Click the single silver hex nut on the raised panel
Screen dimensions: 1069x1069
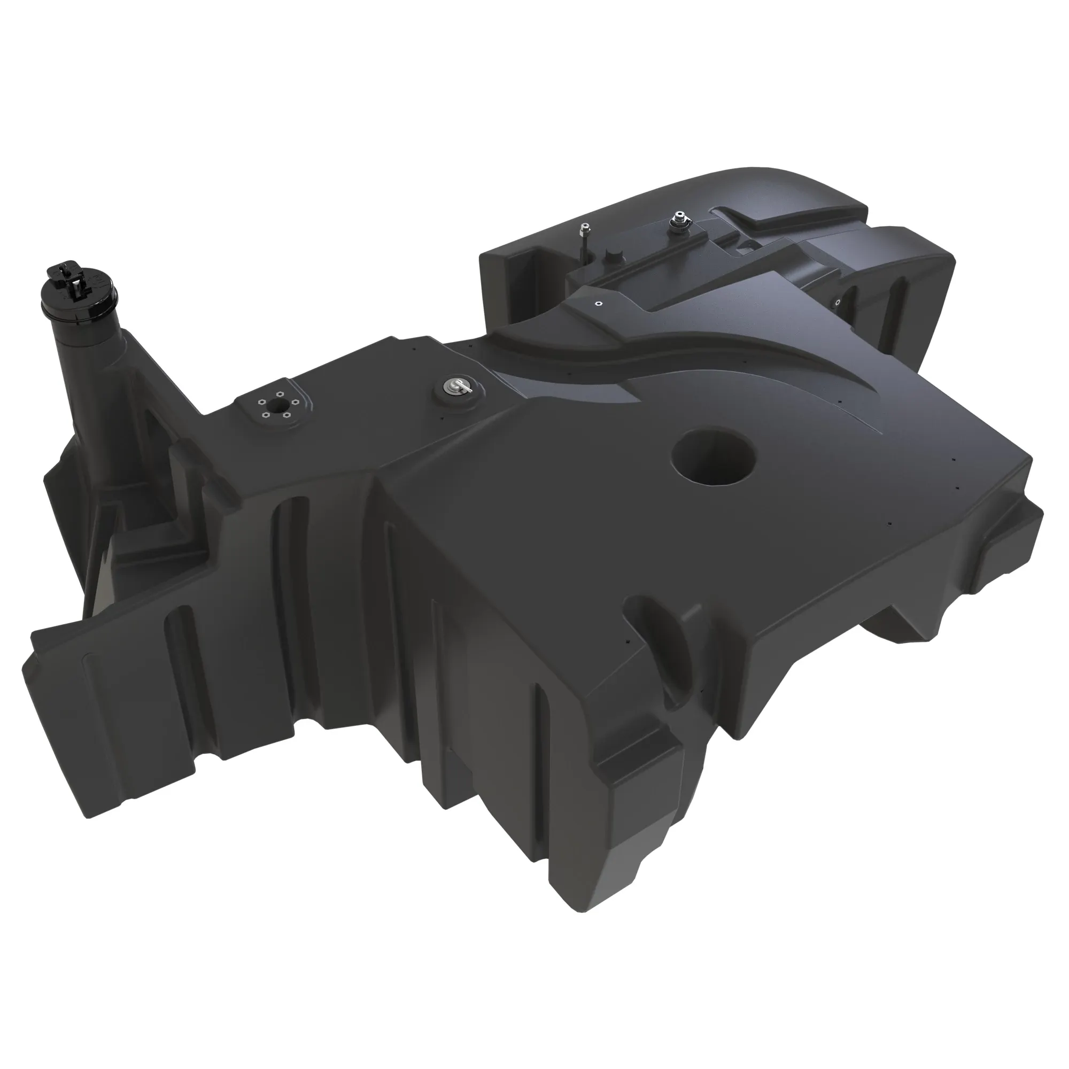pos(598,303)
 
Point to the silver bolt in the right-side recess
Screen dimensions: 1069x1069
pos(838,301)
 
